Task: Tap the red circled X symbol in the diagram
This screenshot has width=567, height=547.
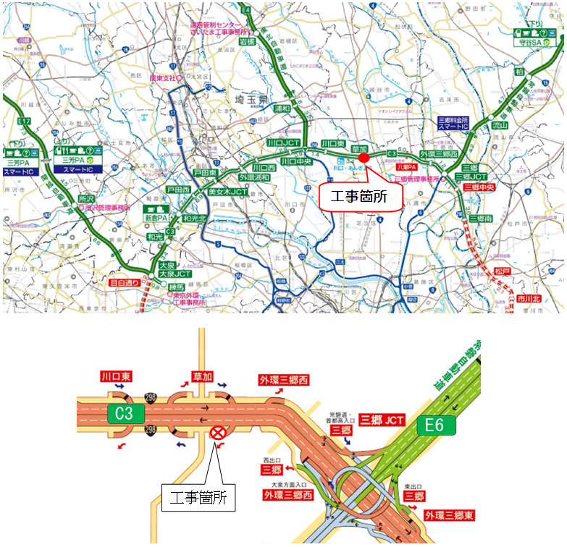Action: (217, 433)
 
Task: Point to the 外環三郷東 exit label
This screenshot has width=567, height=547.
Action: (449, 515)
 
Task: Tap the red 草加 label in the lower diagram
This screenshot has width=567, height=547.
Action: (202, 377)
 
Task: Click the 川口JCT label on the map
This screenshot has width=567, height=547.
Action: (283, 143)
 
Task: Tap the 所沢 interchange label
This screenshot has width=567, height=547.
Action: (87, 198)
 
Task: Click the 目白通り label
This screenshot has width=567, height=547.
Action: (125, 284)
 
